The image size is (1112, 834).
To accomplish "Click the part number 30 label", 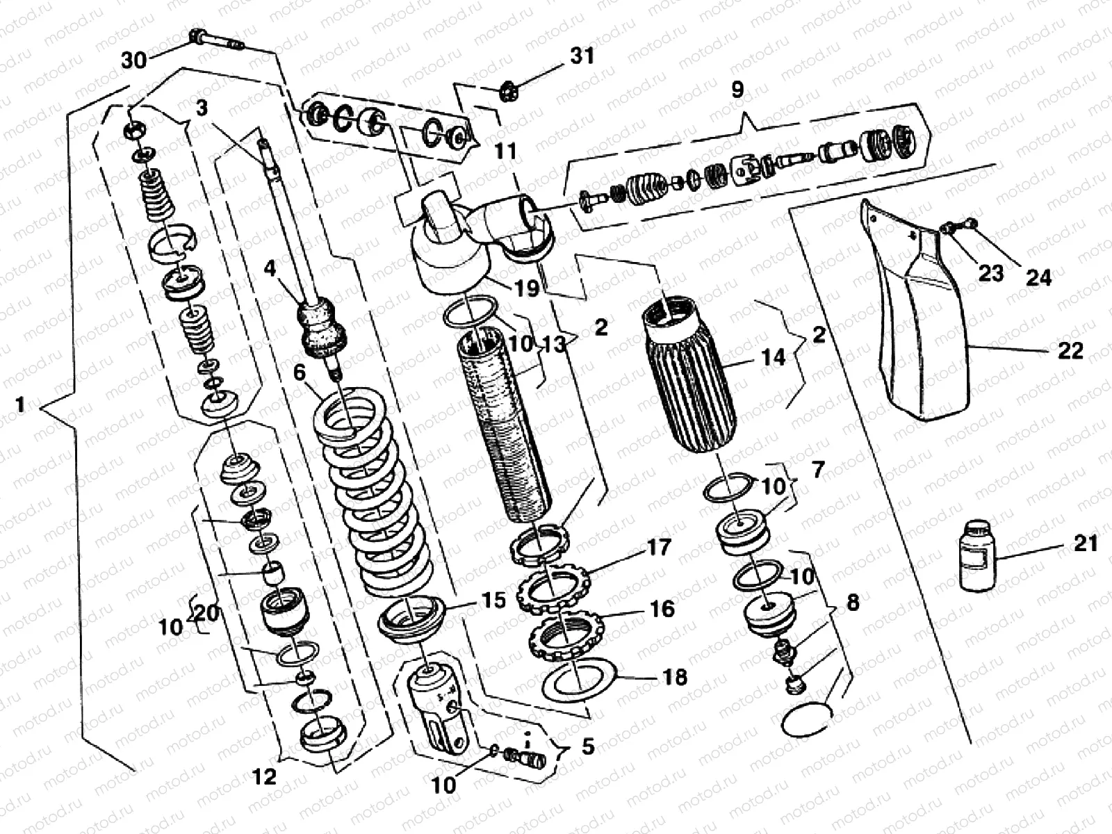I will [134, 60].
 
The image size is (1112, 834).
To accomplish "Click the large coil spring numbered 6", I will [373, 500].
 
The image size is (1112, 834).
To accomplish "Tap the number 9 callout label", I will [737, 89].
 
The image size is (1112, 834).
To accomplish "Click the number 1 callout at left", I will [20, 404].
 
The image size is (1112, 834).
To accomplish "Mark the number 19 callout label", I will [527, 288].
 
